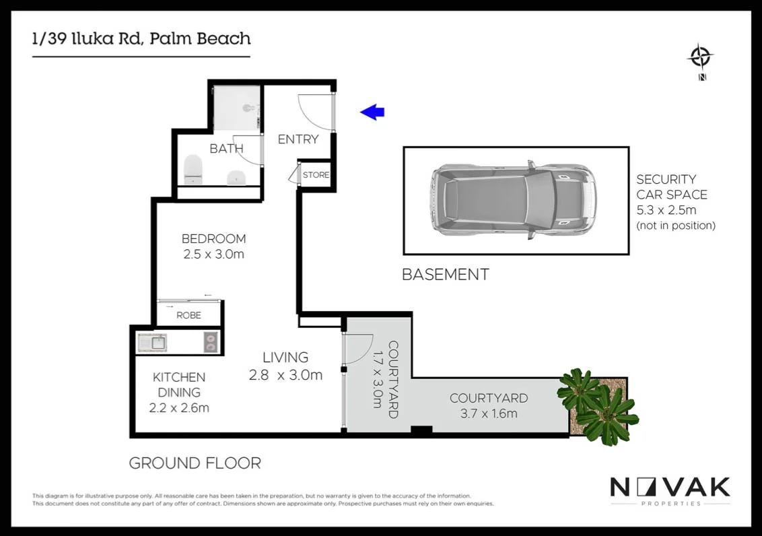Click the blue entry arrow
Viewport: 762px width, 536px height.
point(372,112)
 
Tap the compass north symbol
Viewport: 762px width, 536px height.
point(701,57)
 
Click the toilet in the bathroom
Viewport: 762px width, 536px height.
point(193,168)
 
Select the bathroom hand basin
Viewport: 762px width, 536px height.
point(236,176)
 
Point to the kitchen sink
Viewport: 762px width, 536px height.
point(152,343)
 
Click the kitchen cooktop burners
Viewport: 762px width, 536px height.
point(211,343)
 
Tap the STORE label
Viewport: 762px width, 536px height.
point(316,175)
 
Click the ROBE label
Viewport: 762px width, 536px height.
point(188,314)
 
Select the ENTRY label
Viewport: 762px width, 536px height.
point(298,139)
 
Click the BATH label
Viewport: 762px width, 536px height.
point(226,149)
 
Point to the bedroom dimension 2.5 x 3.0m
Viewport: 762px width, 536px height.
point(213,255)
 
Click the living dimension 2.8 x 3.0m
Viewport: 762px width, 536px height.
point(285,375)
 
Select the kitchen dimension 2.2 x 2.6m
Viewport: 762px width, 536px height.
point(179,407)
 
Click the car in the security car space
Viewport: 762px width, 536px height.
point(513,200)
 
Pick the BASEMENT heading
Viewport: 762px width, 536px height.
point(445,275)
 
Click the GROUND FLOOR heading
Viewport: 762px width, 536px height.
point(195,463)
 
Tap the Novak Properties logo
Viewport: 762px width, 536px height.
point(670,490)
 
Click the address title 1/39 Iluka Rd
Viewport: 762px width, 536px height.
point(141,38)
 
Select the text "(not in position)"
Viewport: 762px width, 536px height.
point(675,226)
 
